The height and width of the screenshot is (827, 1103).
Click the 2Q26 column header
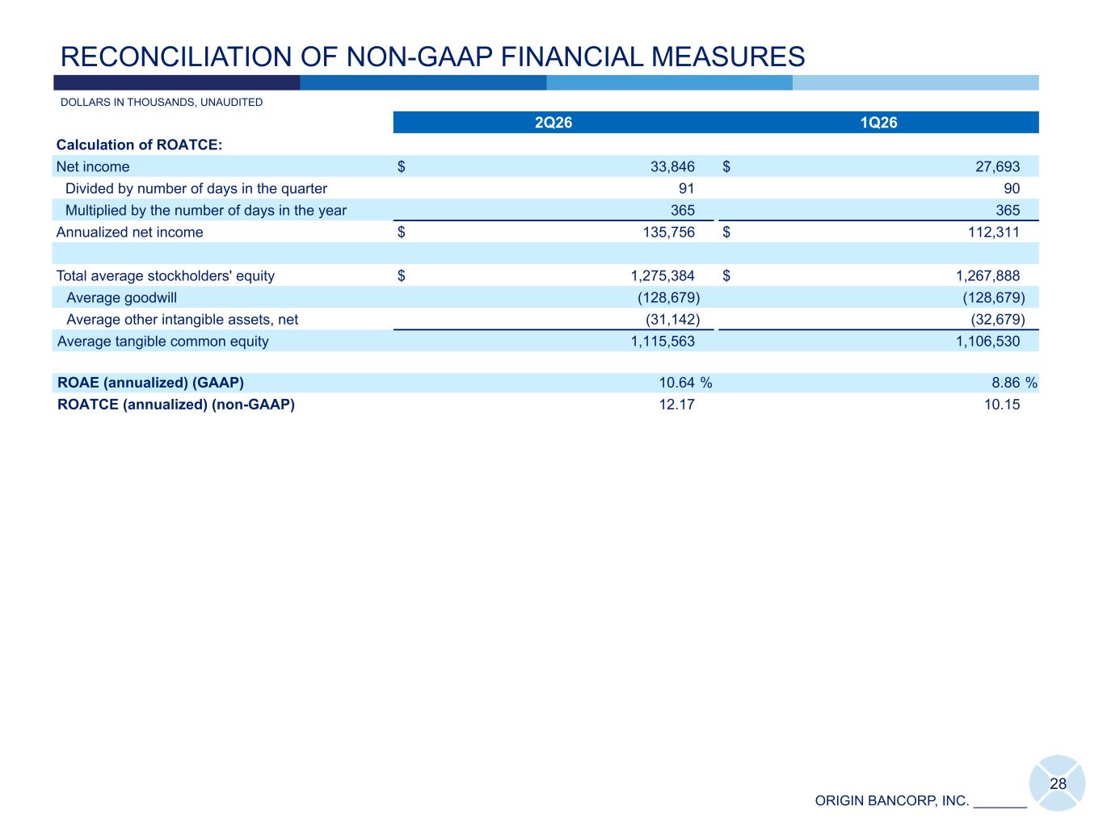pyautogui.click(x=554, y=123)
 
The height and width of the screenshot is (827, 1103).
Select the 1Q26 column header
pyautogui.click(x=878, y=123)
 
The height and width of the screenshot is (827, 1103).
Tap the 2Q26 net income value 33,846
pyautogui.click(x=672, y=166)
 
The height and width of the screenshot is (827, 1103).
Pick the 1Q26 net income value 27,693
pyautogui.click(x=997, y=166)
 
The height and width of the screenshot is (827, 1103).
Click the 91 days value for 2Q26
pyautogui.click(x=686, y=188)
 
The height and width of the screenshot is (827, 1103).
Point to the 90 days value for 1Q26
pyautogui.click(x=1012, y=188)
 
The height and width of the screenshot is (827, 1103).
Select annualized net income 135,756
pyautogui.click(x=669, y=232)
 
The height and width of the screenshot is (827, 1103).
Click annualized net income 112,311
pyautogui.click(x=994, y=232)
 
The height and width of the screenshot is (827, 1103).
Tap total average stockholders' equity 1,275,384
pyautogui.click(x=663, y=275)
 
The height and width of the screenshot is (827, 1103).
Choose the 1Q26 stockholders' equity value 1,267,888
pyautogui.click(x=988, y=275)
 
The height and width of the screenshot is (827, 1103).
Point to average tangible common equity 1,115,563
pyautogui.click(x=663, y=342)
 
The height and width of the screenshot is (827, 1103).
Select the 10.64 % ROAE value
pyautogui.click(x=685, y=383)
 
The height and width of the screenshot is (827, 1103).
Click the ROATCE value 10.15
pyautogui.click(x=1002, y=405)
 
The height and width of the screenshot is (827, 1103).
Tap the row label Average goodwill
pyautogui.click(x=121, y=298)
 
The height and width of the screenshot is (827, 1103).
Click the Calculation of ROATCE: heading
pyautogui.click(x=139, y=145)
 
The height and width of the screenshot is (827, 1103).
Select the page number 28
pyautogui.click(x=1058, y=784)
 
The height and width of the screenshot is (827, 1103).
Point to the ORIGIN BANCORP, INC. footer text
pyautogui.click(x=892, y=801)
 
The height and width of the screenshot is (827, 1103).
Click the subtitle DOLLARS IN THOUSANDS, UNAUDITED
pyautogui.click(x=162, y=103)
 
